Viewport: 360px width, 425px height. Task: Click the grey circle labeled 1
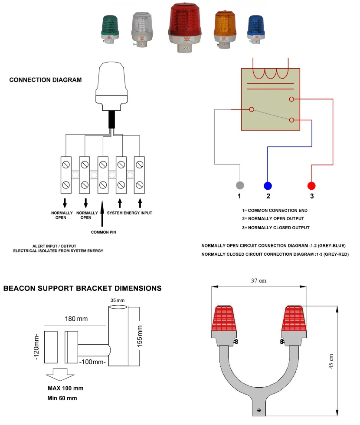pyautogui.click(x=239, y=185)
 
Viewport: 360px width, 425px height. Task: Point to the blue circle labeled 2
pyautogui.click(x=268, y=186)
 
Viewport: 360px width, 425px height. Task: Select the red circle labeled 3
pyautogui.click(x=311, y=186)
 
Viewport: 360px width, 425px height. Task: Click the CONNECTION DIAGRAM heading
pyautogui.click(x=46, y=80)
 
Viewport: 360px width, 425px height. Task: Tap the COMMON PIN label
pyautogui.click(x=103, y=232)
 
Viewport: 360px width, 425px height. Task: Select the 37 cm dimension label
pyautogui.click(x=259, y=281)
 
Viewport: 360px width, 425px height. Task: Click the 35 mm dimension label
pyautogui.click(x=117, y=300)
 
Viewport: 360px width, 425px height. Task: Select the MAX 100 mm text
pyautogui.click(x=65, y=388)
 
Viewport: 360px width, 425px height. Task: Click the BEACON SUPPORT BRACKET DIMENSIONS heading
pyautogui.click(x=82, y=288)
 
